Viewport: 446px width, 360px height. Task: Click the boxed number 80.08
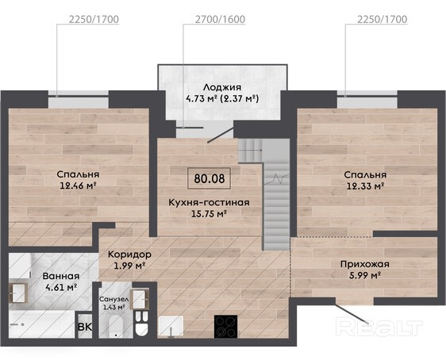(x=209, y=178)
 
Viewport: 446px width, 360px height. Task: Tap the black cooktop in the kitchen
(x=225, y=326)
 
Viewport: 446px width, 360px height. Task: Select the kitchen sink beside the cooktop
(x=171, y=326)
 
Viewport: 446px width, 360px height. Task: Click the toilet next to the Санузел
(x=142, y=324)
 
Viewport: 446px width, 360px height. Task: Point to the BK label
(x=85, y=327)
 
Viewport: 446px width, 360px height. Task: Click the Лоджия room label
(x=222, y=87)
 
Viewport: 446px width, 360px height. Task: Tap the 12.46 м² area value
(x=77, y=186)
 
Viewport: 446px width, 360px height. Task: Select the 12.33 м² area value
(x=365, y=186)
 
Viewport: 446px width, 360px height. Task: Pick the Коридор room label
(x=129, y=255)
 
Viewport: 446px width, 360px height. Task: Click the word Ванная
(x=61, y=276)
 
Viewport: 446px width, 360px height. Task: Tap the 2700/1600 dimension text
(x=220, y=19)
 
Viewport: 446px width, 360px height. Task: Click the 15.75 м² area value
(x=209, y=213)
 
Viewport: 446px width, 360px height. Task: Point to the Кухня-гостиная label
(x=209, y=202)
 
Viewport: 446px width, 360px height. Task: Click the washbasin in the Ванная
(x=18, y=293)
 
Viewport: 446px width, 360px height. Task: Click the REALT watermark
(x=379, y=327)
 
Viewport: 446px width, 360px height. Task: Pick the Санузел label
(x=113, y=299)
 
